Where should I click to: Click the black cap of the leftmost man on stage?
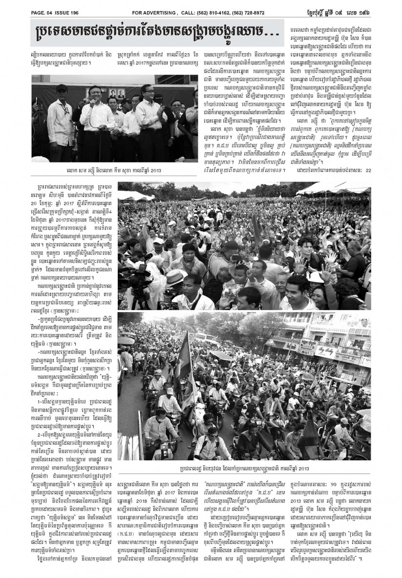(x=62, y=88)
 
